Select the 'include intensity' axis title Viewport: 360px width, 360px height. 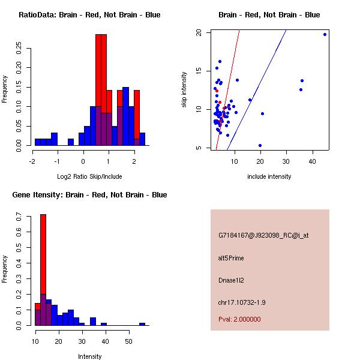click(x=269, y=176)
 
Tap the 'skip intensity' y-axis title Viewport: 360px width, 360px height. click(x=184, y=89)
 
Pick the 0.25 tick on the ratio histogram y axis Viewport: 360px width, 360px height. click(x=19, y=47)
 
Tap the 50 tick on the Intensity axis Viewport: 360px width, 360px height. click(x=128, y=341)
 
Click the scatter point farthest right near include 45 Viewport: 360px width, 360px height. click(x=325, y=34)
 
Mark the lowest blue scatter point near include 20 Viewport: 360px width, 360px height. click(x=260, y=145)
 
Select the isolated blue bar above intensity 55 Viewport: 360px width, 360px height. click(x=142, y=324)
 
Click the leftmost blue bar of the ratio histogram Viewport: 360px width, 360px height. click(x=38, y=142)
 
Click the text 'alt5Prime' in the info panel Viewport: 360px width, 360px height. click(x=231, y=258)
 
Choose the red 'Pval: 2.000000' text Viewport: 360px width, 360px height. click(x=239, y=319)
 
